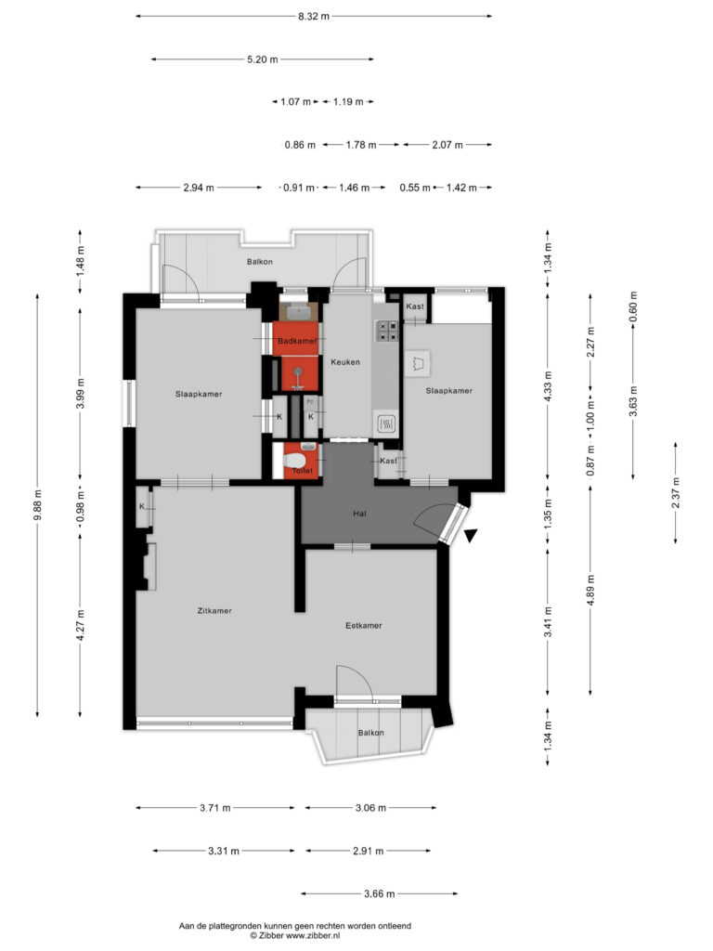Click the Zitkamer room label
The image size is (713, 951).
[x=214, y=611]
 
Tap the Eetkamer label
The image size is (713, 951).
[x=364, y=625]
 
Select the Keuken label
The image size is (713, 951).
[x=345, y=362]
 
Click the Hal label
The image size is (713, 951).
[x=359, y=514]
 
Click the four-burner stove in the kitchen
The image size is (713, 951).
[x=387, y=331]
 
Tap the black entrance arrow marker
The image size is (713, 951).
[x=471, y=536]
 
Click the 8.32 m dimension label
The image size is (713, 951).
[x=314, y=17]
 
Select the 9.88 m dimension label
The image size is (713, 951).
[x=37, y=504]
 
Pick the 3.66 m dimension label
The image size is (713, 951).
[x=380, y=893]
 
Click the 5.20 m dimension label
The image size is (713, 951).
[x=263, y=59]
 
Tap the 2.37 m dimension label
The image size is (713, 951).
[x=676, y=493]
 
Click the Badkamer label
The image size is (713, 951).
[x=297, y=341]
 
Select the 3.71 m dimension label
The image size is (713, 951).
[x=215, y=808]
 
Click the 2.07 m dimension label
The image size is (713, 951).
[x=447, y=145]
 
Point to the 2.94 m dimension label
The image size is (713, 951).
[x=199, y=188]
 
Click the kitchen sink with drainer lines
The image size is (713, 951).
[x=387, y=423]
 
